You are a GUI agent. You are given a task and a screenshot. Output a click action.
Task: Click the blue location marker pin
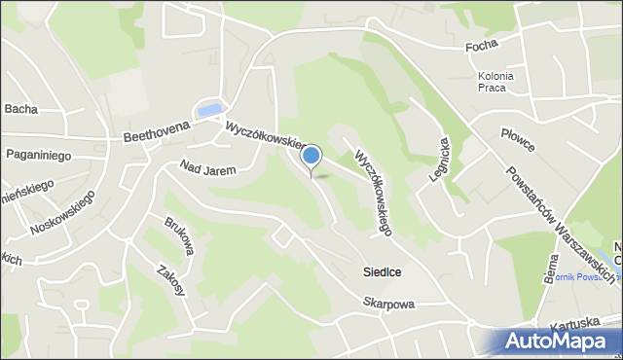(x=311, y=157)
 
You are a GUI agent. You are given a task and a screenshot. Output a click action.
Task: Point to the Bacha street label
(x=20, y=109)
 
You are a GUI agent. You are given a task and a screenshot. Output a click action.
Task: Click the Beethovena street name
(x=157, y=137)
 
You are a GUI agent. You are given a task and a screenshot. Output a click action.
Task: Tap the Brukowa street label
(x=179, y=235)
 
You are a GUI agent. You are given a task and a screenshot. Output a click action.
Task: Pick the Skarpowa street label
(x=389, y=305)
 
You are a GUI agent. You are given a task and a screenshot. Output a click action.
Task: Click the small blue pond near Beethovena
(x=209, y=110)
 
